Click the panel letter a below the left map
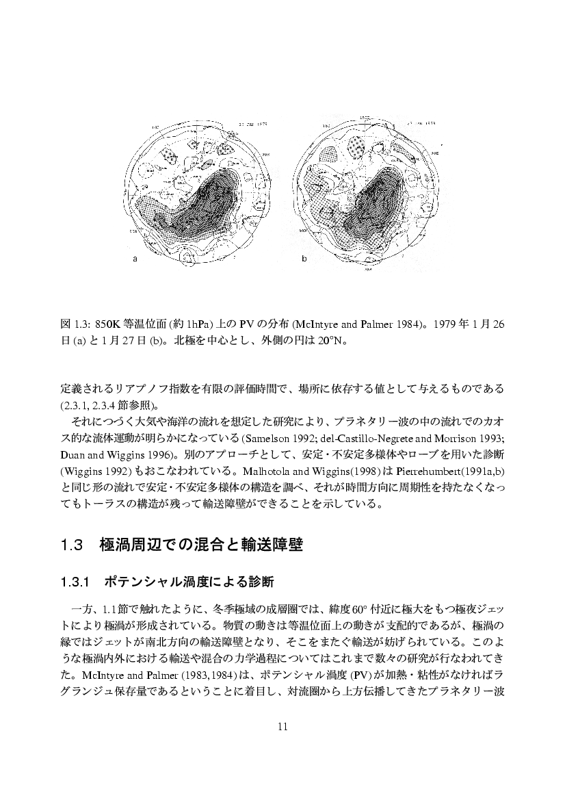(135, 259)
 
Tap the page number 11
(282, 726)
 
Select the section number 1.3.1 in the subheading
(75, 582)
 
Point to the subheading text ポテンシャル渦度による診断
(189, 582)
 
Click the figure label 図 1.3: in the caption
(75, 324)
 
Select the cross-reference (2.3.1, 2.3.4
(89, 403)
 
